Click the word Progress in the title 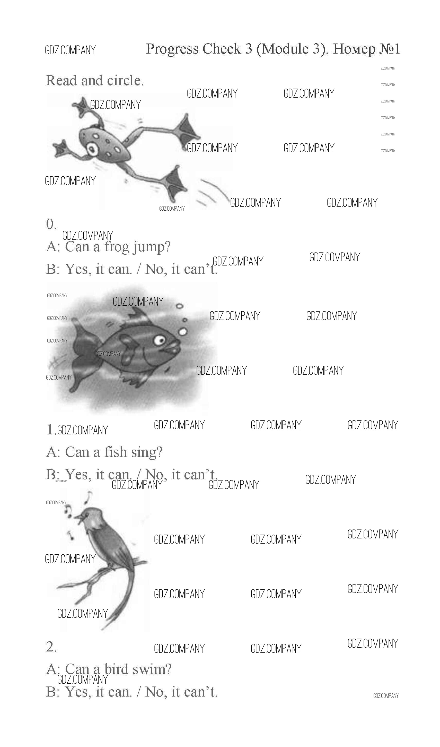(x=172, y=49)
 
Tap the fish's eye (x=160, y=340)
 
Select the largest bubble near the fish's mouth (x=183, y=331)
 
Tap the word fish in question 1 (x=115, y=452)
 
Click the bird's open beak (x=79, y=519)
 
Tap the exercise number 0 (x=51, y=224)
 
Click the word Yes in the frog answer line (x=78, y=269)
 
